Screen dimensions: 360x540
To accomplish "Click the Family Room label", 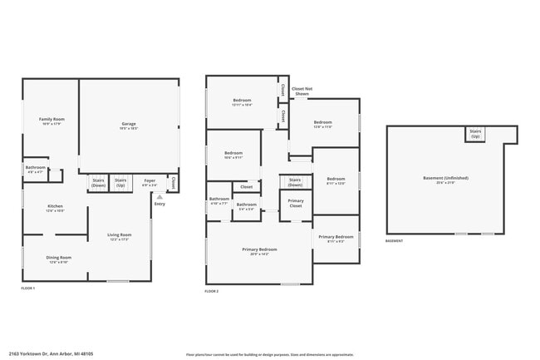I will pyautogui.click(x=51, y=121).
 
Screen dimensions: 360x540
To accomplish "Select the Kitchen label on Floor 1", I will pyautogui.click(x=55, y=208).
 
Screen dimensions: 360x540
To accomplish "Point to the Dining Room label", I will pyautogui.click(x=58, y=259).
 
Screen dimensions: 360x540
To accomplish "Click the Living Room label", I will pyautogui.click(x=120, y=236).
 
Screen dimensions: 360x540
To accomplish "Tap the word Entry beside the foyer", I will pyautogui.click(x=160, y=204).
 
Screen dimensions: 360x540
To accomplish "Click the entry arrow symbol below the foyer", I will pyautogui.click(x=160, y=197).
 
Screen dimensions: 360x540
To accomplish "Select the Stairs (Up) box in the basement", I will pyautogui.click(x=475, y=133).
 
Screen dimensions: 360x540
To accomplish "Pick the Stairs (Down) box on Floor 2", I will pyautogui.click(x=295, y=182).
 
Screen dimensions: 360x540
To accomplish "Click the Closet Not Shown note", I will pyautogui.click(x=302, y=91).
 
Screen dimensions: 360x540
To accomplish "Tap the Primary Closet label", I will pyautogui.click(x=295, y=203).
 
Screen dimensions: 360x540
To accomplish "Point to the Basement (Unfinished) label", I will pyautogui.click(x=445, y=180).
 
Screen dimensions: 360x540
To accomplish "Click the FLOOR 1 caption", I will pyautogui.click(x=28, y=288).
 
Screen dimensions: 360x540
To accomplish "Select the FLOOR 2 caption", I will pyautogui.click(x=212, y=291).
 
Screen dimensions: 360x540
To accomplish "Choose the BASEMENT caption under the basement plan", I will pyautogui.click(x=395, y=241).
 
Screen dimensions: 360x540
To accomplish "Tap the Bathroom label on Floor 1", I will pyautogui.click(x=35, y=169).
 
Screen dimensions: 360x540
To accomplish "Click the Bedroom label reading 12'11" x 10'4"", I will pyautogui.click(x=242, y=102).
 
